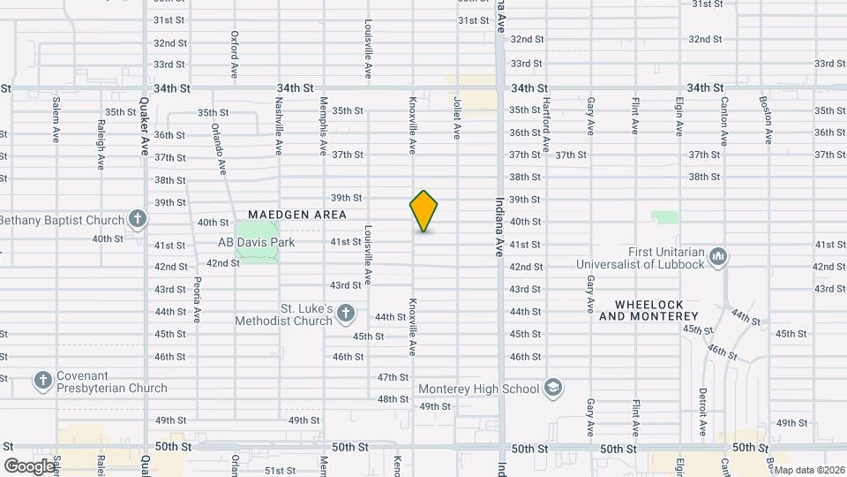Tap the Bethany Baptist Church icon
(x=137, y=218)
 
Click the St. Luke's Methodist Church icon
(x=346, y=313)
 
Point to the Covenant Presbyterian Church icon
(x=42, y=381)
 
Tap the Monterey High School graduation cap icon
(x=552, y=389)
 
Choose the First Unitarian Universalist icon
(x=718, y=256)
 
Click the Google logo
(x=29, y=466)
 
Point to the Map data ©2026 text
(x=809, y=470)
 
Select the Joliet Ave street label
(x=457, y=118)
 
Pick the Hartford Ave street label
(x=547, y=123)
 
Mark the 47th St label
(x=393, y=377)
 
